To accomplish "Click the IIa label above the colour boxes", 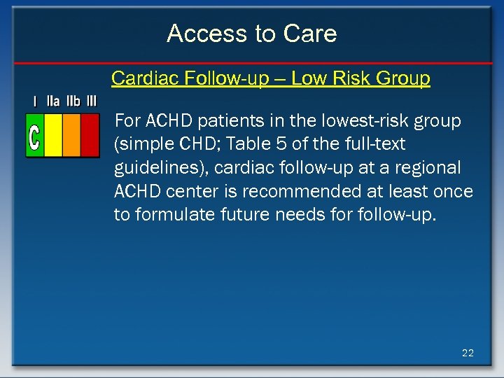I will pyautogui.click(x=53, y=101).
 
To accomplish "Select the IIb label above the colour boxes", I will pyautogui.click(x=73, y=101).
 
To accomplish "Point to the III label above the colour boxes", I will pyautogui.click(x=92, y=101).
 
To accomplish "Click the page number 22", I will pyautogui.click(x=468, y=353).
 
